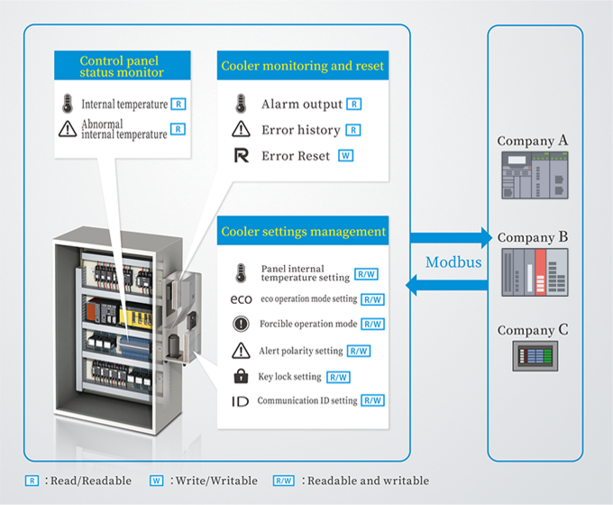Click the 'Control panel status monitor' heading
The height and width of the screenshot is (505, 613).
click(122, 65)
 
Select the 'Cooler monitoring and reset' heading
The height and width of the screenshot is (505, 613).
click(302, 66)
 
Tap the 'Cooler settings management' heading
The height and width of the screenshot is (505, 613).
click(303, 232)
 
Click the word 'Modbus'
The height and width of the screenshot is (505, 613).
click(453, 262)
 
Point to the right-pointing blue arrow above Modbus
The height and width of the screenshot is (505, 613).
click(452, 238)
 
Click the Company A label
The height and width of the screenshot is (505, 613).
click(533, 141)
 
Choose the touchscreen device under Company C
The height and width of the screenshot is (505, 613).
click(535, 356)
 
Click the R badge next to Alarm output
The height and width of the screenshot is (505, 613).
click(354, 105)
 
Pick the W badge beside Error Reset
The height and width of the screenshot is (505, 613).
click(345, 156)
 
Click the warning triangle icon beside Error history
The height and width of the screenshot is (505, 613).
click(241, 130)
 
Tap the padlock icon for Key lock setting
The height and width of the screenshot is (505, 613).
click(241, 377)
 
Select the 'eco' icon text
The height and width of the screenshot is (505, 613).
click(241, 299)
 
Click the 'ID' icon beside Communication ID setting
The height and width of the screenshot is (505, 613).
click(241, 401)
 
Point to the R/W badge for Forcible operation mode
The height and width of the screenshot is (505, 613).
click(372, 325)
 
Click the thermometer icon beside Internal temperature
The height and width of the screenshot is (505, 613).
click(68, 104)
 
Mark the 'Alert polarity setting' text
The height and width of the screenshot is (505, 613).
click(300, 351)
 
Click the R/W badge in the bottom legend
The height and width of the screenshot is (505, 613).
click(284, 481)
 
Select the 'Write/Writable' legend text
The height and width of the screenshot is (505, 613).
click(216, 481)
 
